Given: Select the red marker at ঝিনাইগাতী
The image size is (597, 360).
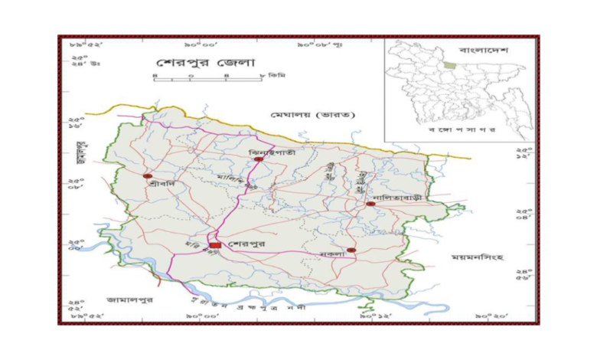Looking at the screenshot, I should point(259,159).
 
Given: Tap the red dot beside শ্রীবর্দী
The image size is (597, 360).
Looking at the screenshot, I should point(147,176).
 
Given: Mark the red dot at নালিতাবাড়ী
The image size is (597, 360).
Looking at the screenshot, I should point(370,205).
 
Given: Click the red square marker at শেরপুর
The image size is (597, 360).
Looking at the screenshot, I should point(216,244).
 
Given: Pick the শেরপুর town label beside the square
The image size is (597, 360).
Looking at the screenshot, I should point(246,244).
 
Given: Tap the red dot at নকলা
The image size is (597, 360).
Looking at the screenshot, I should point(351,250).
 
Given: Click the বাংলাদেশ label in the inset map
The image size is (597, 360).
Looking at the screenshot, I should point(484,50).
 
